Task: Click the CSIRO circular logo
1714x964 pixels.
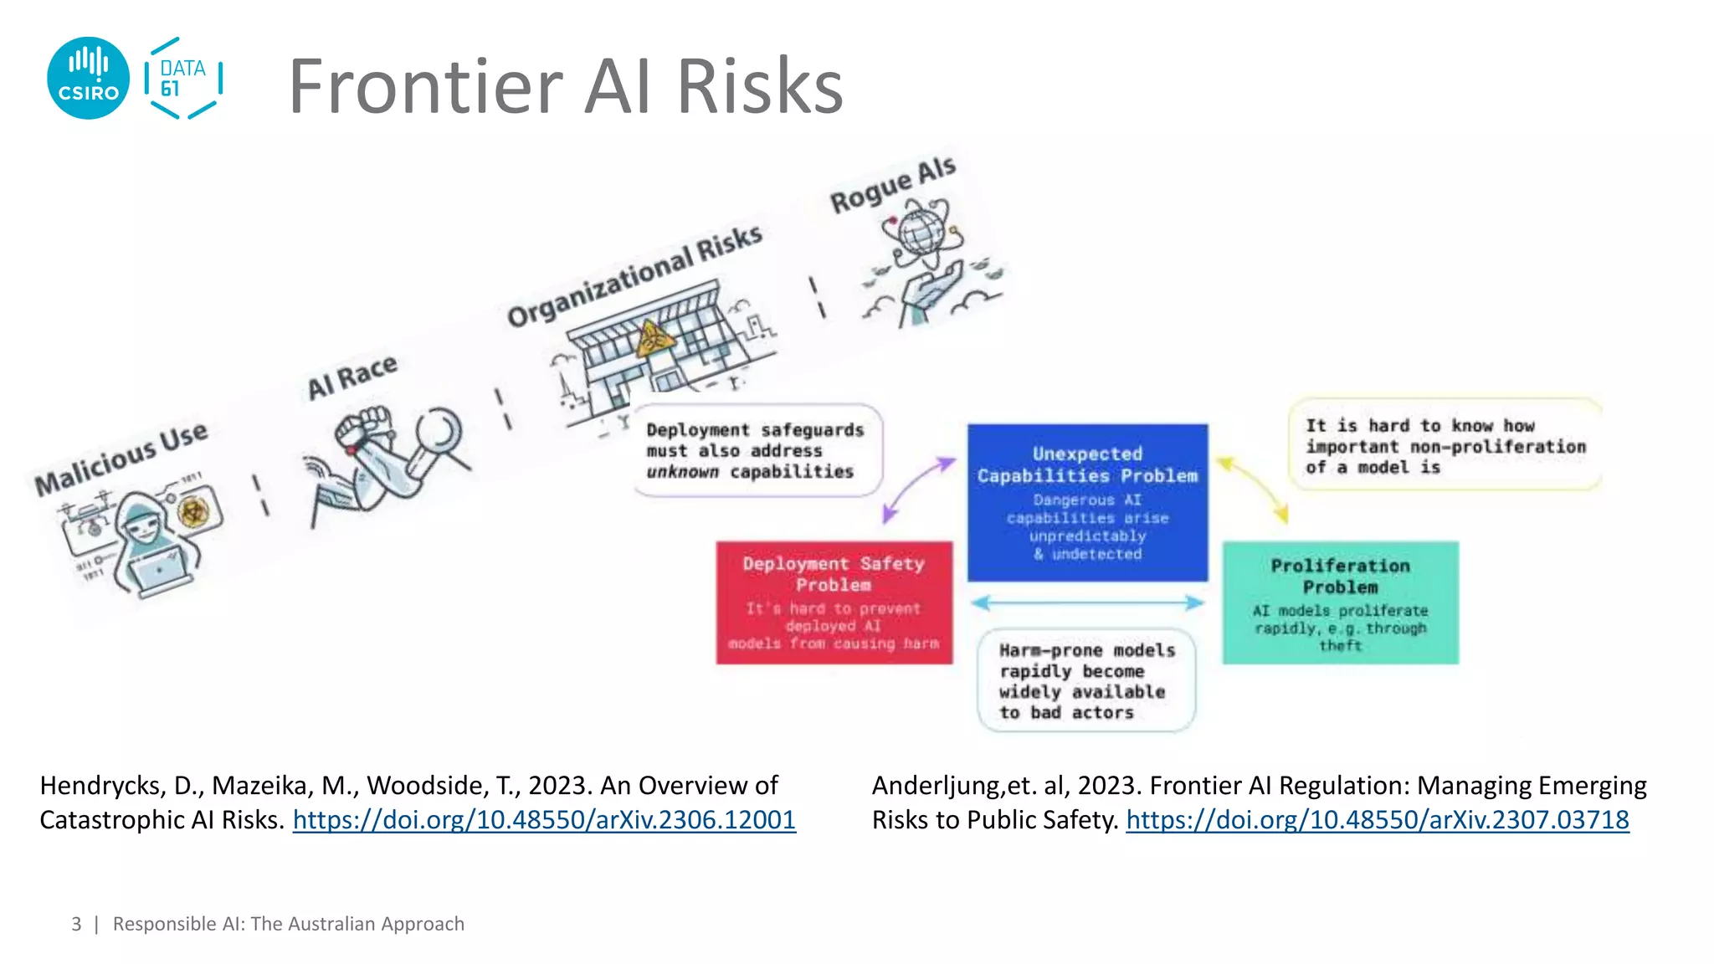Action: [88, 78]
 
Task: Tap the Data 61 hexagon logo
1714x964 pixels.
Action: [182, 78]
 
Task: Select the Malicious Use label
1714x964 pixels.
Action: [121, 458]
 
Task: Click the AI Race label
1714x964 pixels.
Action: [352, 377]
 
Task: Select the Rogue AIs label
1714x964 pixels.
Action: [892, 185]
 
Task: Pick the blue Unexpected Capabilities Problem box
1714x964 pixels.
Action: [1087, 502]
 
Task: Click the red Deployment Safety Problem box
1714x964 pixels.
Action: [834, 602]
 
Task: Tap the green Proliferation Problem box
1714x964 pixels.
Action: [1340, 602]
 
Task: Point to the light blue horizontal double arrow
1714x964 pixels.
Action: [1087, 602]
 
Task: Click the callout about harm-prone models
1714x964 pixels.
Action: [1086, 680]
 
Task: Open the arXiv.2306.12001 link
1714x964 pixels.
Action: [544, 819]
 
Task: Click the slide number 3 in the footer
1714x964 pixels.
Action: [76, 924]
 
